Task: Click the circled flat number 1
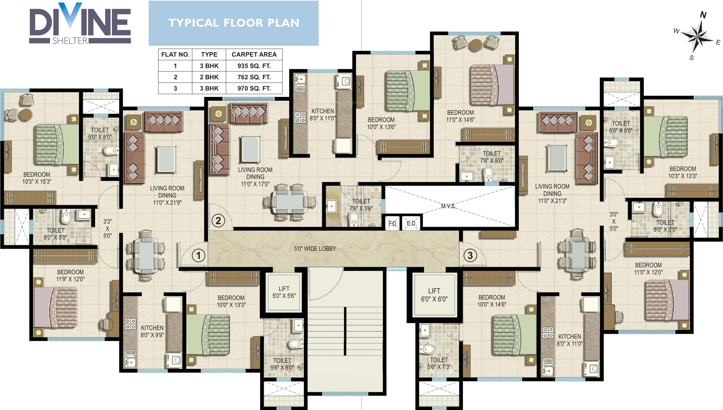198,255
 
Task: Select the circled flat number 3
470,255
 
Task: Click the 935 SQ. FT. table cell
254,66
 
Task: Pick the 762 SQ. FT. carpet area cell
254,77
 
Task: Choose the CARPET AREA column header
254,54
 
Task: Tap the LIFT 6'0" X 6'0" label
434,295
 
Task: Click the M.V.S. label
448,206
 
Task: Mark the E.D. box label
411,224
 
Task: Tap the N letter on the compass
703,15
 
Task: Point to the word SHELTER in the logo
70,41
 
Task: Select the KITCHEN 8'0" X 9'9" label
152,331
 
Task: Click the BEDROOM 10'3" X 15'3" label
37,178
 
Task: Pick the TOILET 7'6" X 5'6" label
361,205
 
